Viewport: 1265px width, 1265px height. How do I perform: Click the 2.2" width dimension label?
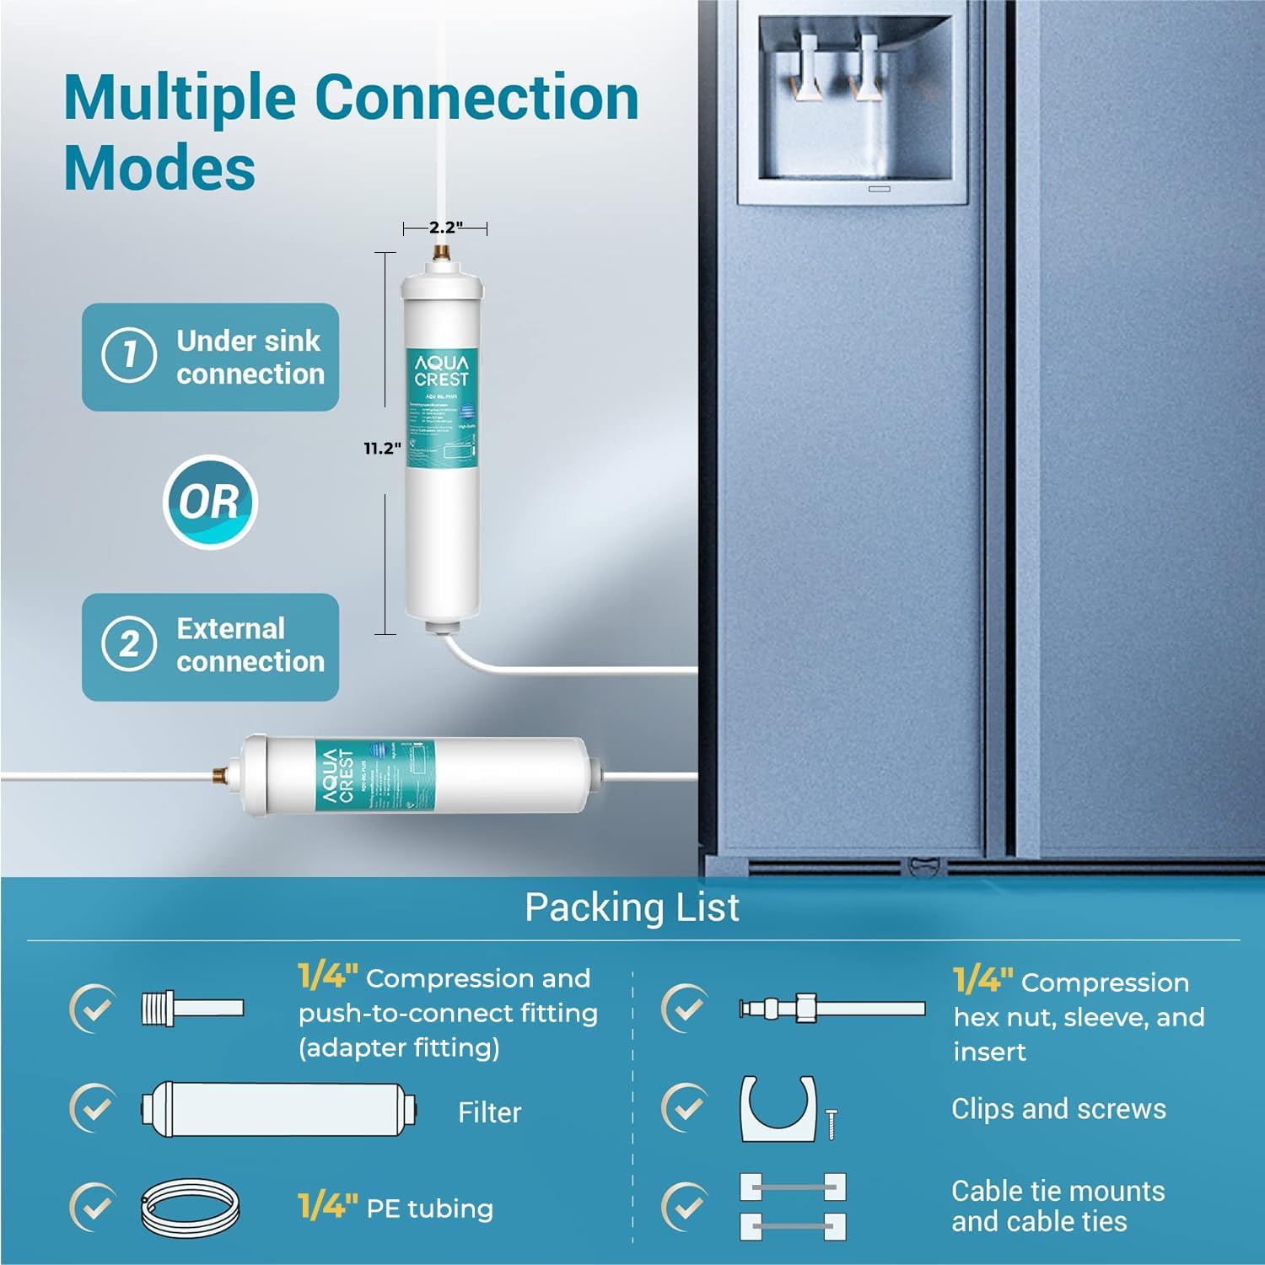click(x=445, y=228)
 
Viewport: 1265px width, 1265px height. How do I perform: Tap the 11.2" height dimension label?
click(x=382, y=449)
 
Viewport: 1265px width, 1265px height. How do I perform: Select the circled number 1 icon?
click(x=129, y=355)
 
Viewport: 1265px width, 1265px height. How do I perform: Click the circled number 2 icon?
click(x=129, y=645)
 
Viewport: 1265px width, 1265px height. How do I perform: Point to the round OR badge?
click(x=209, y=503)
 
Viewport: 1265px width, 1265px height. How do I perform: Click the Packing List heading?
click(x=632, y=907)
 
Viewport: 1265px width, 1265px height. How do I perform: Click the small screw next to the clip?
click(x=832, y=1123)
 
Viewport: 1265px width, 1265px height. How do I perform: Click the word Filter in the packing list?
click(x=489, y=1113)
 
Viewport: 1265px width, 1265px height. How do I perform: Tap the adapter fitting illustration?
click(x=192, y=1008)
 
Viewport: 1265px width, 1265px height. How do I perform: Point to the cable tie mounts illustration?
click(x=793, y=1206)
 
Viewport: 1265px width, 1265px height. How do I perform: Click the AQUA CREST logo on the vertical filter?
click(x=441, y=370)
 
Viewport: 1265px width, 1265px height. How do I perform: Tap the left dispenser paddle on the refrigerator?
click(x=808, y=67)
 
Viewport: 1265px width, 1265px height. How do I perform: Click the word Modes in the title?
click(x=159, y=168)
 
